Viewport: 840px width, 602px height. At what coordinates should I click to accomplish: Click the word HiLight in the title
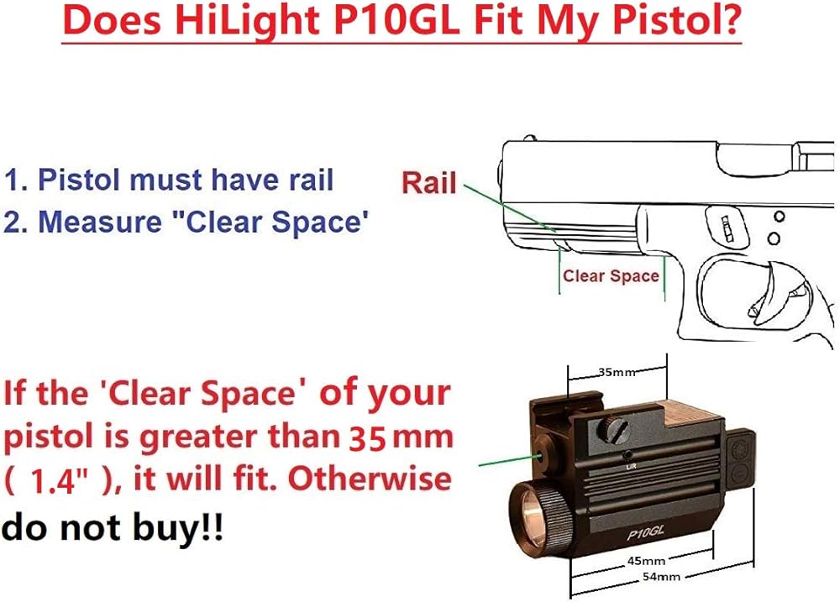click(x=248, y=22)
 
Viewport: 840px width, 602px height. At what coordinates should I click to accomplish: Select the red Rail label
click(x=429, y=183)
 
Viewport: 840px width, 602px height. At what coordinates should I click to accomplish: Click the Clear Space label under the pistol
click(x=611, y=276)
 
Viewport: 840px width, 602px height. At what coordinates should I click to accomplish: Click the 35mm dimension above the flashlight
click(x=617, y=371)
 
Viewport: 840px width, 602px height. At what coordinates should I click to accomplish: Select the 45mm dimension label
click(x=646, y=561)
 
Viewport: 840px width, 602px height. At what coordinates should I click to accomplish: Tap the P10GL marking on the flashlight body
click(x=645, y=532)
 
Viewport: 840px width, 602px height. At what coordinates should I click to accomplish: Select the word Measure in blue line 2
click(x=100, y=221)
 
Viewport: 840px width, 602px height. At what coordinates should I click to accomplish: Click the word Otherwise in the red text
click(x=370, y=478)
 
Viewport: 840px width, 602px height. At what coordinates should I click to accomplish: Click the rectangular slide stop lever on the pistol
click(x=727, y=228)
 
